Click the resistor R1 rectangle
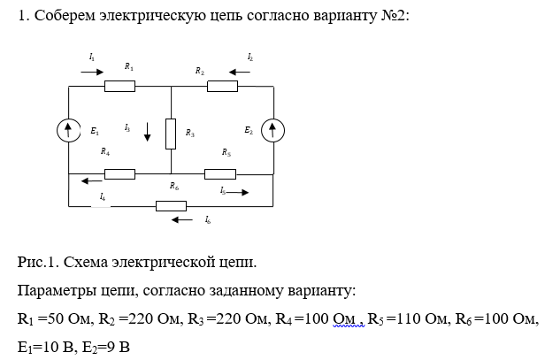click(x=119, y=86)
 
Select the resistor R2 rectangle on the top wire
click(x=223, y=86)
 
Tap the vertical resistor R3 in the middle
click(x=171, y=132)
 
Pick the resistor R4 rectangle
click(x=119, y=173)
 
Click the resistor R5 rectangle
click(x=219, y=173)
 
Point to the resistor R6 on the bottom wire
click(x=171, y=206)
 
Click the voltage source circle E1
click(x=69, y=131)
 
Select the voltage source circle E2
click(x=274, y=131)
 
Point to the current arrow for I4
click(x=90, y=181)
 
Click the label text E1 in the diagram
click(x=95, y=132)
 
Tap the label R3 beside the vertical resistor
click(x=189, y=133)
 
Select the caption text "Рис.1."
click(x=38, y=263)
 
